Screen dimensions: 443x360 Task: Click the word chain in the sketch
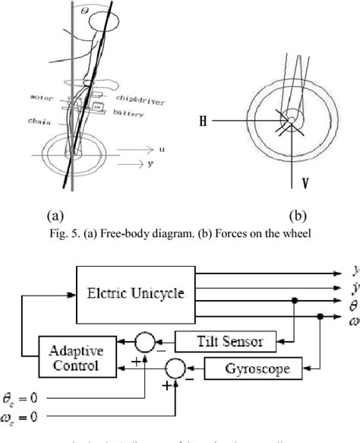39,120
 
